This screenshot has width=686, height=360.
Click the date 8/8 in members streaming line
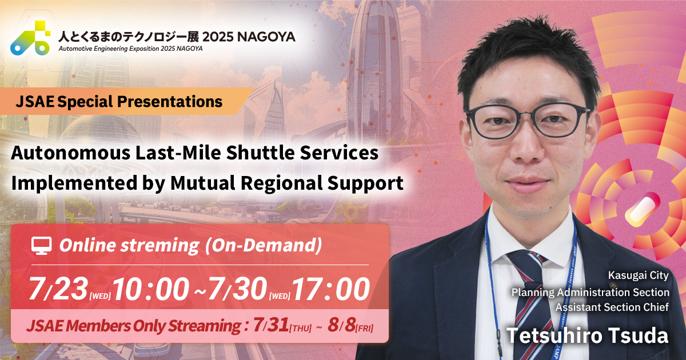pyautogui.click(x=341, y=326)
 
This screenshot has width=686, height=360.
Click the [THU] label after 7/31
pyautogui.click(x=303, y=328)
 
